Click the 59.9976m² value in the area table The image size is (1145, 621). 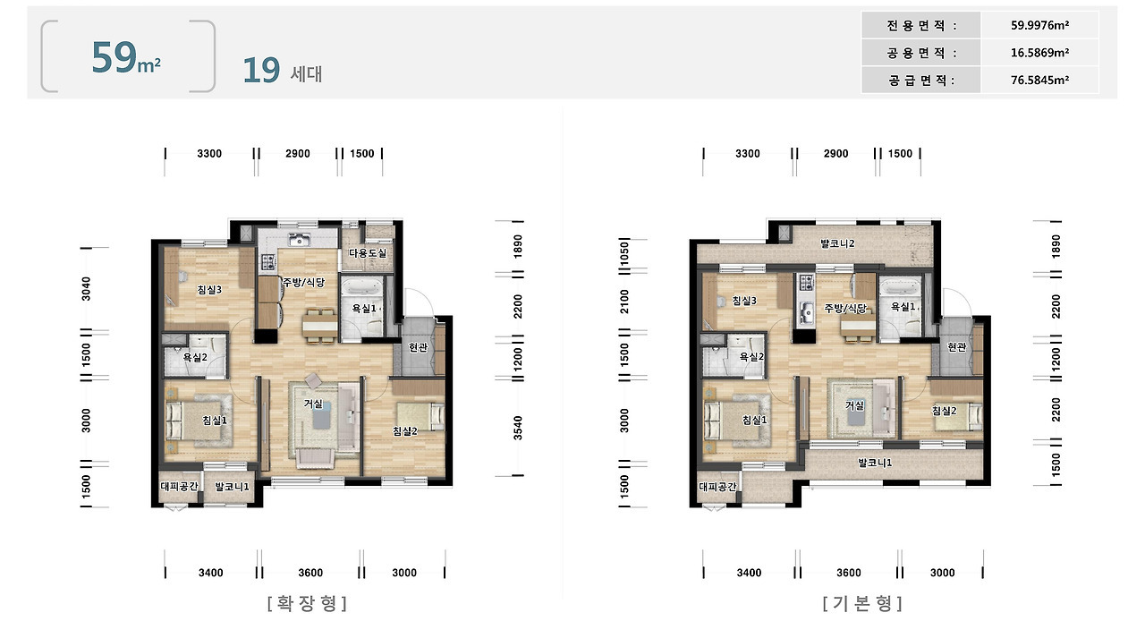[x=1039, y=25]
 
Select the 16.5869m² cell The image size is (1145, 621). [x=1039, y=52]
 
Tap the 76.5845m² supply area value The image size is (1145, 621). [x=1039, y=80]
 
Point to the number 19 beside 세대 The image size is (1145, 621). [x=261, y=70]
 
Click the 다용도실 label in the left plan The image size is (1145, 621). [x=368, y=252]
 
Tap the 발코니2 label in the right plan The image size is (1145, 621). [x=837, y=243]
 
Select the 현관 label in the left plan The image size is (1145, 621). [x=418, y=347]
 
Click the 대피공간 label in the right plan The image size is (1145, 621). [x=717, y=487]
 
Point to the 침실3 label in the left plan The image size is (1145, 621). [x=209, y=290]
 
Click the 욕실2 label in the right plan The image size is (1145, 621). [x=751, y=356]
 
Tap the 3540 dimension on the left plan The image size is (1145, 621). [x=518, y=428]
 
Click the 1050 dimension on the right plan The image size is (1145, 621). [x=624, y=254]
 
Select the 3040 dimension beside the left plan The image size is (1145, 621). [x=86, y=288]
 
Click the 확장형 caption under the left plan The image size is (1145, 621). [x=307, y=604]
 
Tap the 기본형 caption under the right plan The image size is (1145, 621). [x=862, y=604]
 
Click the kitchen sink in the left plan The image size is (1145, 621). [x=299, y=239]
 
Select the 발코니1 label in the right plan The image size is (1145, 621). [x=875, y=463]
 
